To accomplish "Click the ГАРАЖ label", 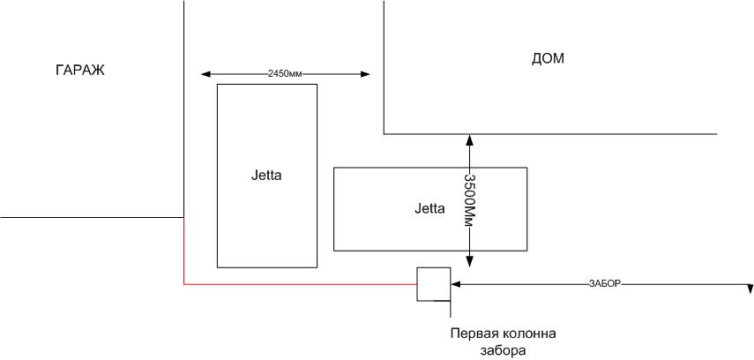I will [x=80, y=71].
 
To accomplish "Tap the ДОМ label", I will [x=548, y=59].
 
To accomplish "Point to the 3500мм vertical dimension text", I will [x=469, y=199].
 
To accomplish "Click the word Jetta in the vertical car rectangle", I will [x=266, y=175].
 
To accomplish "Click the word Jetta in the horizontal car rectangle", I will [x=429, y=209].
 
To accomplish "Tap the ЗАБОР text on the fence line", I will [x=605, y=284].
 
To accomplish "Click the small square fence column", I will [x=433, y=284].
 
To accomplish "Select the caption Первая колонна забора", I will [x=504, y=342].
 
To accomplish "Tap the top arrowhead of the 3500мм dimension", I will [x=470, y=139].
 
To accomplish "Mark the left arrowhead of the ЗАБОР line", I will [x=456, y=284].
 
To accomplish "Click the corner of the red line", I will [x=183, y=284].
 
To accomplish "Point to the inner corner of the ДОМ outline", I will [x=384, y=134].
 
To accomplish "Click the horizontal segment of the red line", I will [x=300, y=284].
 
